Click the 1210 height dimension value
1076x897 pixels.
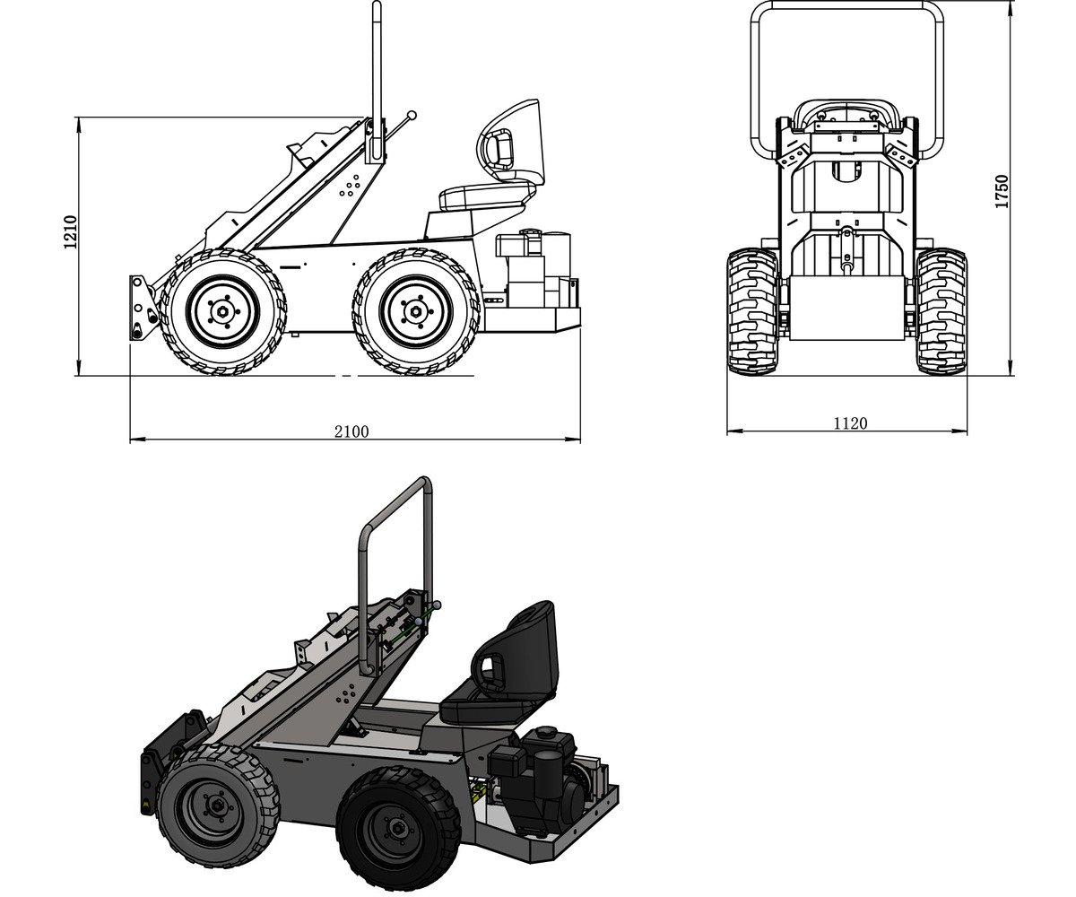(x=70, y=231)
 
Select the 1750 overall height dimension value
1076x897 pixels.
(x=1002, y=191)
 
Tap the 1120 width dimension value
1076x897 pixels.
(x=850, y=422)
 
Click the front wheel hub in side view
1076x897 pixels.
(x=222, y=311)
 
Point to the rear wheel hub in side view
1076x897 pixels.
(x=415, y=311)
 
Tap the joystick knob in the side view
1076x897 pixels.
(x=412, y=115)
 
